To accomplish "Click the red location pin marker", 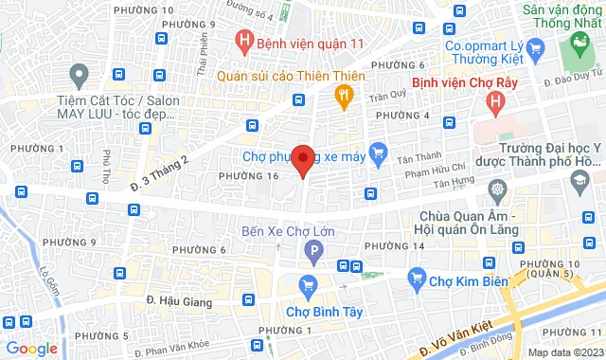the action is pos(302,158).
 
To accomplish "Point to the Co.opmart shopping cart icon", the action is pos(537,44).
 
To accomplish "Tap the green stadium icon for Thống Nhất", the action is pos(575,43).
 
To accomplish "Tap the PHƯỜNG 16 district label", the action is pos(247,175).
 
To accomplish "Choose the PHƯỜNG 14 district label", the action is pos(390,247).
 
